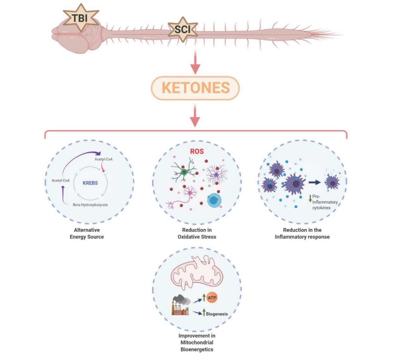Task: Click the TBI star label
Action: coord(80,18)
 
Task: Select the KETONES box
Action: coord(196,88)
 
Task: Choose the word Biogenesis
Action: coord(217,313)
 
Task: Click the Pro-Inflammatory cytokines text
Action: coord(325,202)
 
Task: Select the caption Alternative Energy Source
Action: coord(89,233)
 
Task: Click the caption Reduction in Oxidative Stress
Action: coord(196,233)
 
